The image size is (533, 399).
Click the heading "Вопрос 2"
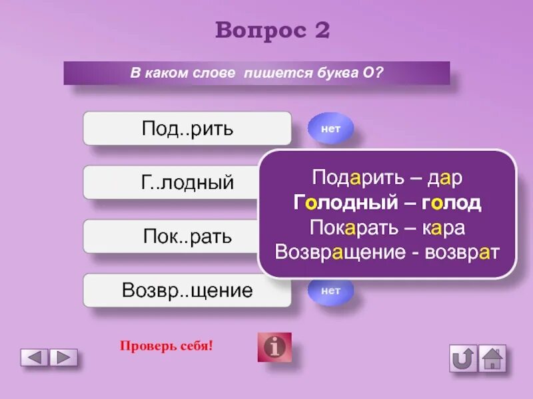click(x=272, y=31)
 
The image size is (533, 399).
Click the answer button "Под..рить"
click(x=187, y=128)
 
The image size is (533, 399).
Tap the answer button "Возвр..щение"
click(x=187, y=291)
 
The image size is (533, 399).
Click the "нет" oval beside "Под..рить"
click(x=330, y=129)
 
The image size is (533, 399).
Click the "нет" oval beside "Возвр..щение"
click(x=330, y=291)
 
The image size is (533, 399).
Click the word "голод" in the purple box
click(x=450, y=203)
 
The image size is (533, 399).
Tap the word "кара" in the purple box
click(x=442, y=227)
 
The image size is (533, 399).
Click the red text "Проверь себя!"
click(x=166, y=346)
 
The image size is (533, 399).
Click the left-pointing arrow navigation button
click(x=35, y=358)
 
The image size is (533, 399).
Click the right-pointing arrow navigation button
click(x=64, y=358)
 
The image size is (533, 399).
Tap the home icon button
click(x=492, y=358)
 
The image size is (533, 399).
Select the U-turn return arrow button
click(x=463, y=358)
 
